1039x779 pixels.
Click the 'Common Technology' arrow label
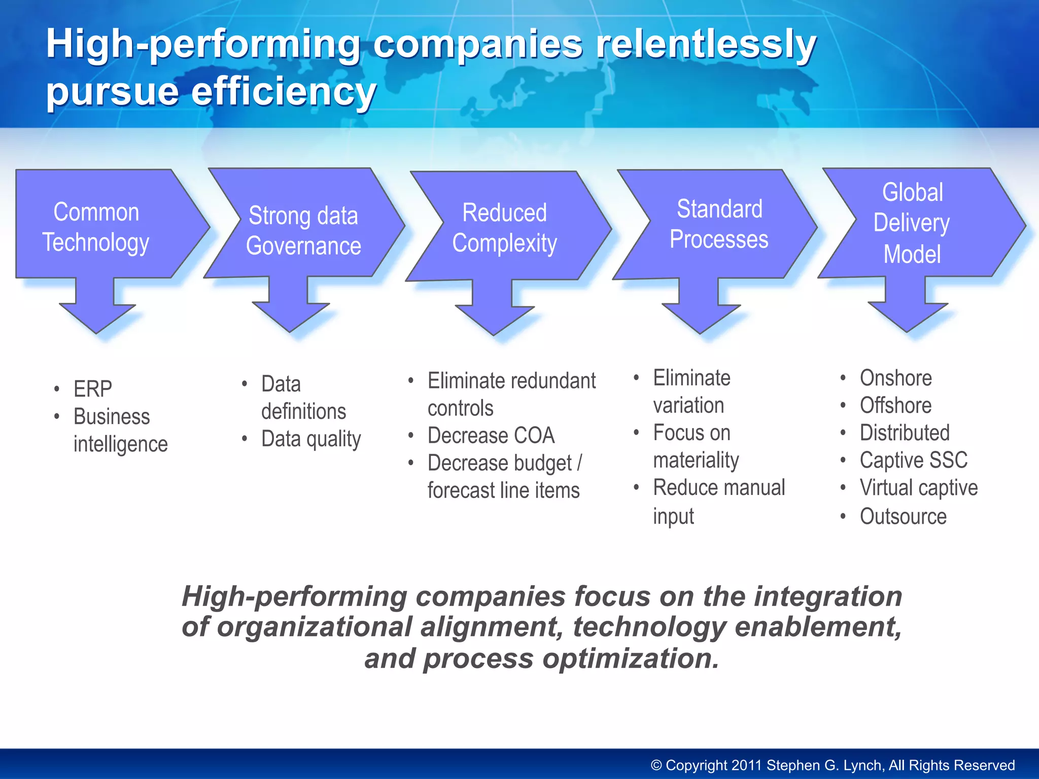(x=96, y=227)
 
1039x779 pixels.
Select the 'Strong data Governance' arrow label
(x=303, y=231)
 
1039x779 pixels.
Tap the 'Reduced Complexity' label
(x=505, y=228)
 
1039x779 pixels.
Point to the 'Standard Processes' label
(x=719, y=224)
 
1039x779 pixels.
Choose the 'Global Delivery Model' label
(x=912, y=223)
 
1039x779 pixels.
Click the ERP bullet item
(x=93, y=389)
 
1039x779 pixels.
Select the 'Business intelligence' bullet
(x=120, y=430)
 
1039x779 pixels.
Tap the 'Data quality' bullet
(x=311, y=439)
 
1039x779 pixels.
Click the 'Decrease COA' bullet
(x=491, y=436)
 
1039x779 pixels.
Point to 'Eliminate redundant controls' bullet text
(x=511, y=394)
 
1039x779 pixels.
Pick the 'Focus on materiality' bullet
(x=696, y=446)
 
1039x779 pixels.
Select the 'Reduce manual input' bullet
(x=718, y=501)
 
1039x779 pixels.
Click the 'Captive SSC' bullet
(x=913, y=460)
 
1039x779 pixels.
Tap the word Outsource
(x=903, y=516)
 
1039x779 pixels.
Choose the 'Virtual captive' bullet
(x=918, y=488)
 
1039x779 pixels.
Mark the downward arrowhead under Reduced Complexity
(x=494, y=319)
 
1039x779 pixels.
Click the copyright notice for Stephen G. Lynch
(x=833, y=765)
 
